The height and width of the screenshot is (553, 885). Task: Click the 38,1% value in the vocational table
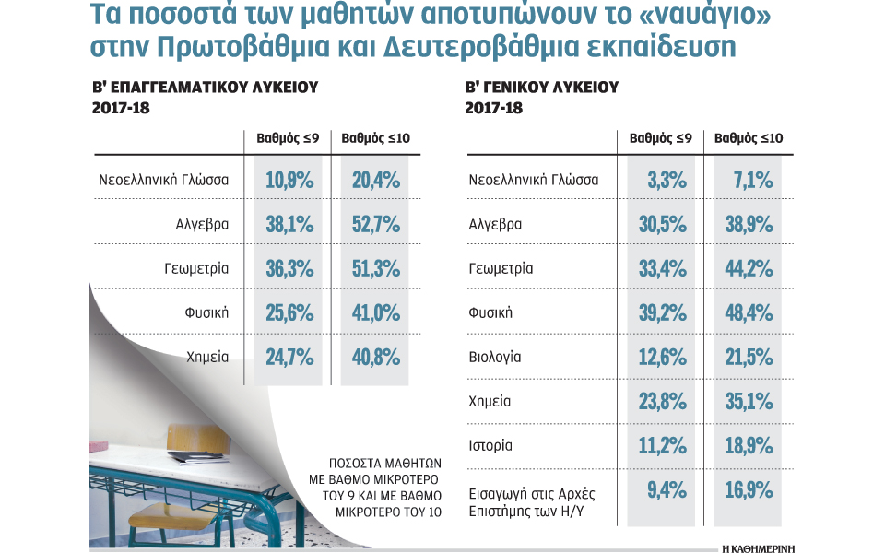[289, 224]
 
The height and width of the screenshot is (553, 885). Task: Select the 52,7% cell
[375, 224]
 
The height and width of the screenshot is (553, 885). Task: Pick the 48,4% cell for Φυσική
[749, 312]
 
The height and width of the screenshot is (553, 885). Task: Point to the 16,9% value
[749, 489]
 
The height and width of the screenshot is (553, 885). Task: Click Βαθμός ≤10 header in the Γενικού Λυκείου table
[749, 138]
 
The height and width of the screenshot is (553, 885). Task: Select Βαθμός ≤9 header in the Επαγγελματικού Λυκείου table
[288, 138]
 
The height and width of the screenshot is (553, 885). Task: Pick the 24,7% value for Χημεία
[289, 357]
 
